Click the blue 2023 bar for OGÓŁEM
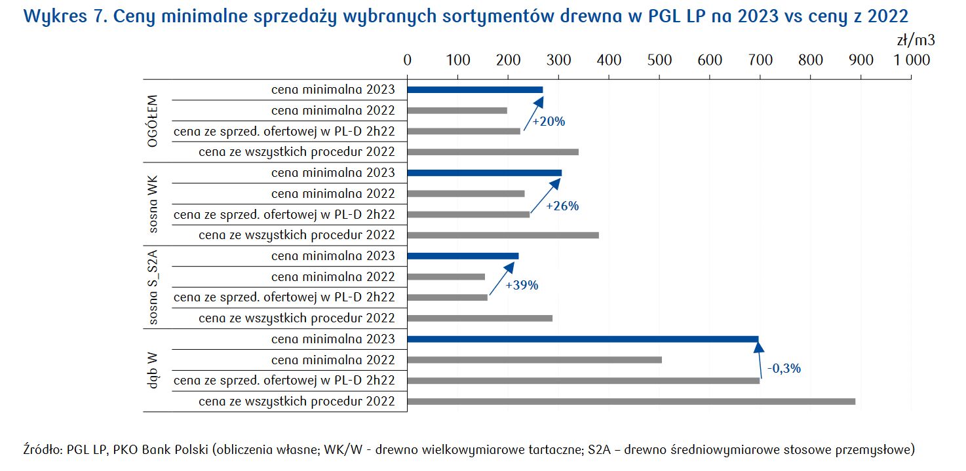[474, 90]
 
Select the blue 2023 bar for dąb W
[583, 339]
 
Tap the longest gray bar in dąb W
[630, 401]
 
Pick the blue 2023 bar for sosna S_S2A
[463, 256]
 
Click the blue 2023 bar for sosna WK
[484, 173]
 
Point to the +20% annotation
[549, 122]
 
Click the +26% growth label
[563, 206]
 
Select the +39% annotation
[522, 286]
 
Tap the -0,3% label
[784, 368]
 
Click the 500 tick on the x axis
[659, 60]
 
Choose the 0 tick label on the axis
[408, 60]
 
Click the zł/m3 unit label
[916, 40]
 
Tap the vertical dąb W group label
[153, 370]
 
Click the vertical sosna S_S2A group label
[153, 287]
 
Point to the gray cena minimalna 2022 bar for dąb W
[534, 360]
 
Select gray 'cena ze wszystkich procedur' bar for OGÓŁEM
[492, 152]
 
